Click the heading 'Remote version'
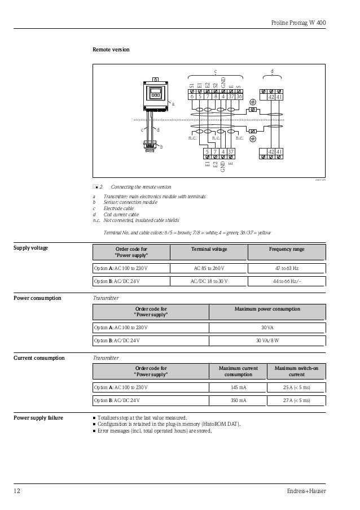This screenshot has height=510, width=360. tap(111, 50)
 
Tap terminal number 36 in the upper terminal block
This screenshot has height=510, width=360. tap(239, 97)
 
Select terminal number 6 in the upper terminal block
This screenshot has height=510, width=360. tap(192, 97)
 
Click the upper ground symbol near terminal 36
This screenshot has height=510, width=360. tap(253, 102)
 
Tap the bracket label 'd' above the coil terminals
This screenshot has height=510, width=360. tap(272, 71)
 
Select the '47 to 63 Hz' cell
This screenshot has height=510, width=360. tap(287, 268)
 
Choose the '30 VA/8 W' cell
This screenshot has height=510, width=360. tap(267, 341)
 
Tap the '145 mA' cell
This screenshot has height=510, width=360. tap(238, 387)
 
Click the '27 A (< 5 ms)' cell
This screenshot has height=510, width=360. tap(296, 400)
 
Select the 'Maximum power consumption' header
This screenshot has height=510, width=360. tap(267, 309)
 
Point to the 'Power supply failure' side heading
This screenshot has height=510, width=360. tap(38, 418)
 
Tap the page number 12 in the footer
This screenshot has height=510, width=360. tap(17, 491)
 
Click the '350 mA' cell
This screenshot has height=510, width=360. tap(238, 400)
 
